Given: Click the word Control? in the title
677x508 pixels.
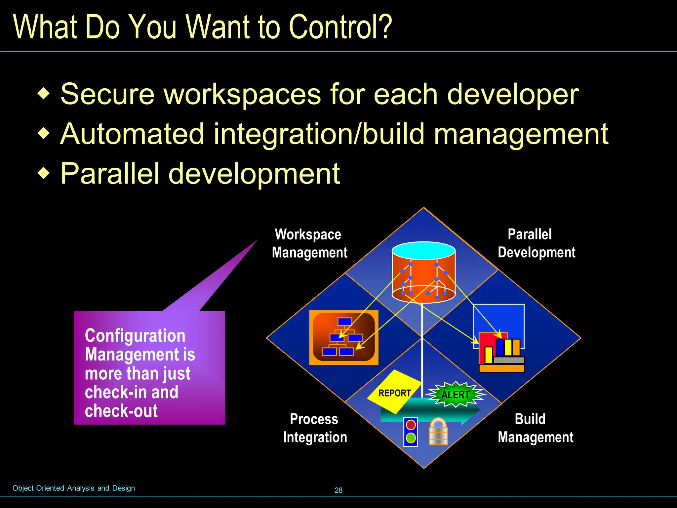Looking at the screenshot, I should tap(340, 27).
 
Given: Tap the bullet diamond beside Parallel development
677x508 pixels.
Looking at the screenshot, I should tap(44, 173).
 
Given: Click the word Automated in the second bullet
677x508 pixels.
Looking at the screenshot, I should tap(132, 134).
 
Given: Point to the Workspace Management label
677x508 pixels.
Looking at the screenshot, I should tap(309, 243).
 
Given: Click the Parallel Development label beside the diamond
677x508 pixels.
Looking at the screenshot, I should tap(536, 243).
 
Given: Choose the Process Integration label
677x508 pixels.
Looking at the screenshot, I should tap(315, 428).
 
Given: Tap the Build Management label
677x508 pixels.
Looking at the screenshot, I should tap(536, 428).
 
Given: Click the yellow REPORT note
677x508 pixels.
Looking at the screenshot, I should tap(394, 392).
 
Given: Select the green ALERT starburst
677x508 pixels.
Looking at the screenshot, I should tap(456, 394).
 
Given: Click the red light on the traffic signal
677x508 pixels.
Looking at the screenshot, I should tap(411, 425).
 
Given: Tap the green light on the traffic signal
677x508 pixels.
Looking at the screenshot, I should tap(411, 438).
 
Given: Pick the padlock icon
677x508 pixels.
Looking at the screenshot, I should tap(438, 432).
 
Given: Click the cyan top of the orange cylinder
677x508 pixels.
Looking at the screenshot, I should tap(423, 250).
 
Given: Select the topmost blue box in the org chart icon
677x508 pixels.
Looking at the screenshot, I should tap(345, 321).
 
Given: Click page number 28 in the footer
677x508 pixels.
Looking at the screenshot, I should tap(338, 490).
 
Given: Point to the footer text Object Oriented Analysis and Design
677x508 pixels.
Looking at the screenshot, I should tap(74, 488).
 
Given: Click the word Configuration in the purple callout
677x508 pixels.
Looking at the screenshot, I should tap(135, 336).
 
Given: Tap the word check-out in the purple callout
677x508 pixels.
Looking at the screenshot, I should tap(121, 411).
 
